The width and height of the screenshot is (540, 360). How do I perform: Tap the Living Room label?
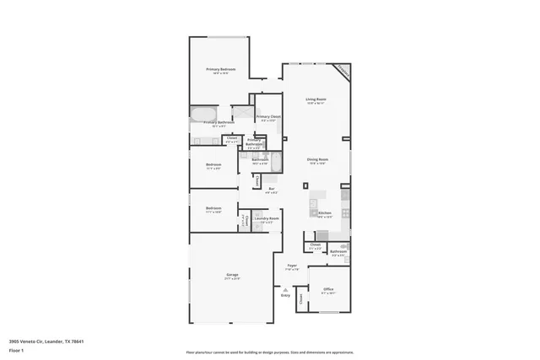[316, 99]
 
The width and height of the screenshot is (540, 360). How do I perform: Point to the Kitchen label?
[325, 213]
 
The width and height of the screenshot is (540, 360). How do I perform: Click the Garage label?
[232, 275]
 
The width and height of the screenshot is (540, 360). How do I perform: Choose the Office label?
[328, 289]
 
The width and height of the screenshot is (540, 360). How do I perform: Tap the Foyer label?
[292, 266]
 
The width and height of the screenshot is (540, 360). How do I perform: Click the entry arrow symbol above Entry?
[285, 289]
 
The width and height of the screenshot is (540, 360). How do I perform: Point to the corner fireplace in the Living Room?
[342, 71]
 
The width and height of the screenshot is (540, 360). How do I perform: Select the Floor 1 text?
[16, 349]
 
